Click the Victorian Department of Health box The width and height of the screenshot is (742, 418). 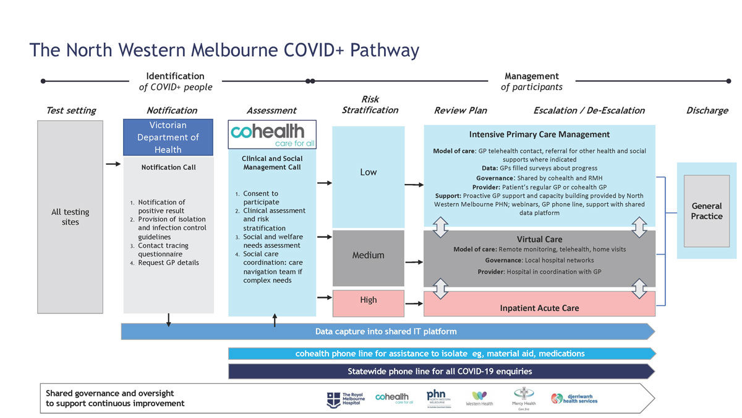168,137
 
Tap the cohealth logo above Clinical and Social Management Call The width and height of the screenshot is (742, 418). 272,134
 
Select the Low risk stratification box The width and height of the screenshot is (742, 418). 369,172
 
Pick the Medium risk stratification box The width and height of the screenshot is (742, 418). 369,255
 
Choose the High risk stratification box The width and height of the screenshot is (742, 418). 369,300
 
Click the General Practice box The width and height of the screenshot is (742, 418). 707,211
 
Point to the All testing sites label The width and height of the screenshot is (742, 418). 70,217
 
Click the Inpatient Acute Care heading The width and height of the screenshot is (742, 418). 539,308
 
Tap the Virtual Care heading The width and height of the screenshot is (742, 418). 539,239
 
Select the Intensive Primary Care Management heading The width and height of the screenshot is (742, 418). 539,134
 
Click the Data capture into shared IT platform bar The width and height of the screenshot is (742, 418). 386,331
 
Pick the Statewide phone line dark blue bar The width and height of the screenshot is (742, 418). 440,372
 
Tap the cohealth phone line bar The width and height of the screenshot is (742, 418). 440,354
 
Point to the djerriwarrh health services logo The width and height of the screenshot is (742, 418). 574,399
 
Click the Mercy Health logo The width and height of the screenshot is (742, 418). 524,398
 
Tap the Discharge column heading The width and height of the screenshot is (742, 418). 707,110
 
